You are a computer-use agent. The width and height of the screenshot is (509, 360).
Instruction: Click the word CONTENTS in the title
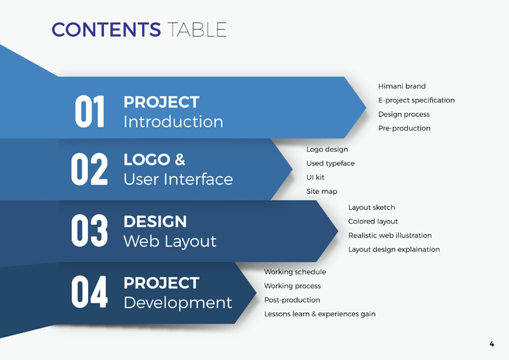106,30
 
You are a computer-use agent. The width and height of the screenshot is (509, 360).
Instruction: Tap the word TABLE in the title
197,30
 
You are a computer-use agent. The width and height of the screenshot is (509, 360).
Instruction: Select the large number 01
89,111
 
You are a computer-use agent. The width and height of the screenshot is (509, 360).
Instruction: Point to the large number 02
89,169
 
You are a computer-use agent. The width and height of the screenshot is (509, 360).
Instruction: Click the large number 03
89,231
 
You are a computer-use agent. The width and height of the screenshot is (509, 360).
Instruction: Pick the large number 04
89,292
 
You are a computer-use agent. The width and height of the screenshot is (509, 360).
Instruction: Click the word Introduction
173,122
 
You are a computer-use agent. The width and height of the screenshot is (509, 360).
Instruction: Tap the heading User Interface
178,179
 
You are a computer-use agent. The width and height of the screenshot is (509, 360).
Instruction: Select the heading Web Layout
170,242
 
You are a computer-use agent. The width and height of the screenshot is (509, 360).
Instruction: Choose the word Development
178,303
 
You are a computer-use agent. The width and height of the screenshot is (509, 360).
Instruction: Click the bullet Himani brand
402,86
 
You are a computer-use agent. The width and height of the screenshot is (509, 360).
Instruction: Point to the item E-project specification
416,100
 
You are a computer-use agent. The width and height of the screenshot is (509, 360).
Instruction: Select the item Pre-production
404,128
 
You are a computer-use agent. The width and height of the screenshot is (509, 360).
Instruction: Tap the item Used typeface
330,163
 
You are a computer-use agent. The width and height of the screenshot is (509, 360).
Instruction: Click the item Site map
322,192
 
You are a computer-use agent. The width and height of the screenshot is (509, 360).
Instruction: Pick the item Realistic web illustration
390,235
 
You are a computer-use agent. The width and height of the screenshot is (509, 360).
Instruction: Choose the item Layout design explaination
394,249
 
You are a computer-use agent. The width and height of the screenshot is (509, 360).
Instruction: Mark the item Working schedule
295,272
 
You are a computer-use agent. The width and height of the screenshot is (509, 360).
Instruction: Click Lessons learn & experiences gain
320,314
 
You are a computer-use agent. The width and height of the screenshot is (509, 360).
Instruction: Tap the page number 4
492,344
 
